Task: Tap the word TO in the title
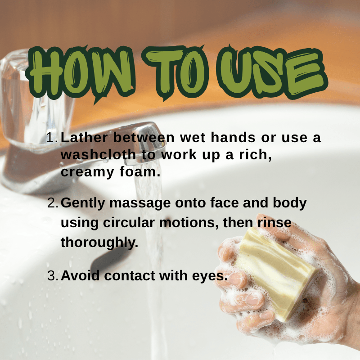pyautogui.click(x=175, y=72)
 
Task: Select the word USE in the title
pyautogui.click(x=272, y=72)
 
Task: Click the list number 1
pyautogui.click(x=52, y=138)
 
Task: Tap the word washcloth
pyautogui.click(x=98, y=154)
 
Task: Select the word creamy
pyautogui.click(x=87, y=172)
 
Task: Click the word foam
pyautogui.click(x=140, y=171)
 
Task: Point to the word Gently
pyautogui.click(x=83, y=203)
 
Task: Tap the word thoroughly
pyautogui.click(x=99, y=243)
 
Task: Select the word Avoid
pyautogui.click(x=80, y=275)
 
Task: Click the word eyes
pyautogui.click(x=210, y=276)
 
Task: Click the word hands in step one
pyautogui.click(x=233, y=137)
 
